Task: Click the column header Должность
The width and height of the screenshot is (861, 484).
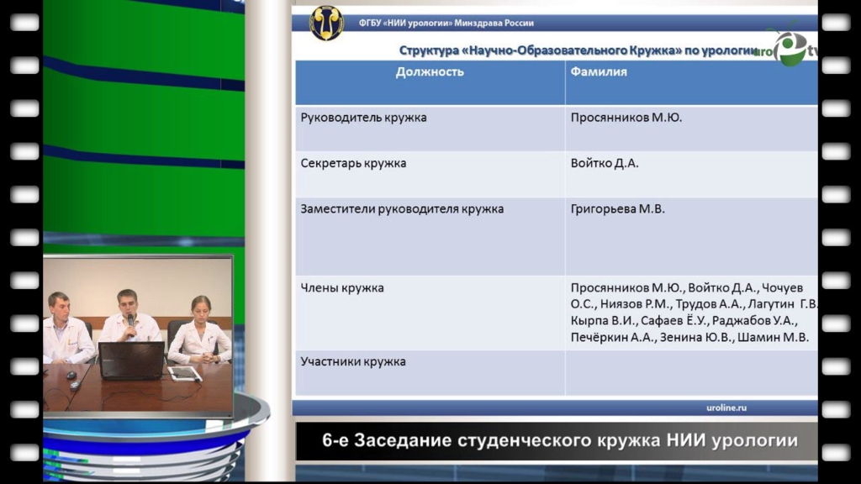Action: coord(430,72)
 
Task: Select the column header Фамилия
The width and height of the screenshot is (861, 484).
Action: coord(598,72)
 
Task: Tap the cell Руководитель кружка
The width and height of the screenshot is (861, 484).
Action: coord(363,118)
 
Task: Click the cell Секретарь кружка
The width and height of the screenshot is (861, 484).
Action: coord(353,163)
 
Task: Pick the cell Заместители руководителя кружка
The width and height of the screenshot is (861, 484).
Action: coord(402,209)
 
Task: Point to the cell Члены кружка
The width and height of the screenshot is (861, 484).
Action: coord(341,287)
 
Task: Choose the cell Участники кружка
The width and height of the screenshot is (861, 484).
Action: coord(353,361)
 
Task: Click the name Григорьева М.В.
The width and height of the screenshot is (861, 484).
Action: coord(617,209)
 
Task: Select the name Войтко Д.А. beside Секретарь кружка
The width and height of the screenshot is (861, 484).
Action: coord(605,163)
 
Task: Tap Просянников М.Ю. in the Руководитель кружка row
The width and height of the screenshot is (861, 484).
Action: coord(626,118)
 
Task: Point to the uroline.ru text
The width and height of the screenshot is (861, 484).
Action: coord(726,408)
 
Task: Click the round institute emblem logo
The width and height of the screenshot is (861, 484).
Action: coord(327,23)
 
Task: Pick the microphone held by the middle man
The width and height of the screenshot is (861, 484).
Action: coord(130,322)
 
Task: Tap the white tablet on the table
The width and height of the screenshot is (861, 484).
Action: coord(184,374)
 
